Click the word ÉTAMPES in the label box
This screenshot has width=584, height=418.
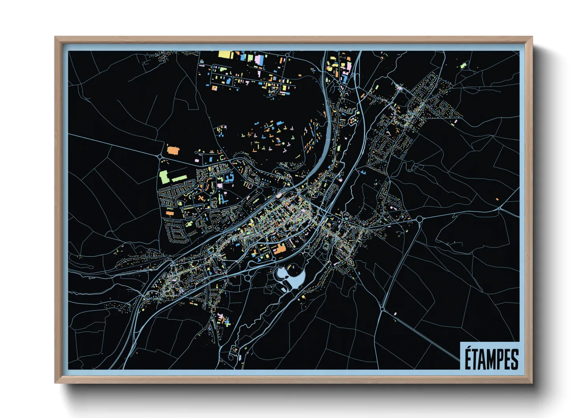(491, 359)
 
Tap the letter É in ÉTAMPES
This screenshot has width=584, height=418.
(468, 358)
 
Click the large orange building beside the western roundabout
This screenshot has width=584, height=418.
(173, 150)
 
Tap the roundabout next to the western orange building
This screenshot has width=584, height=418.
(160, 157)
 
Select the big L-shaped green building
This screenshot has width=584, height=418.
(164, 176)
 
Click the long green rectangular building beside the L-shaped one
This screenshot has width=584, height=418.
(179, 179)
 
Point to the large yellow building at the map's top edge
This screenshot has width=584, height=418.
(224, 55)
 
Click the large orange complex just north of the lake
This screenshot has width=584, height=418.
(280, 249)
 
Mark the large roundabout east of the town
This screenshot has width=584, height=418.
(419, 219)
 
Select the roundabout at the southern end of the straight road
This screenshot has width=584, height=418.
(382, 309)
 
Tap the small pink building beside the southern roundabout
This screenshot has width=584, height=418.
(395, 314)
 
